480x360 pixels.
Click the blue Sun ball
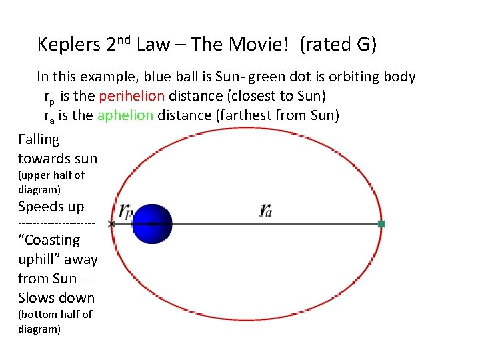pyautogui.click(x=152, y=223)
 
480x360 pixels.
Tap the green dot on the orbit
pyautogui.click(x=382, y=224)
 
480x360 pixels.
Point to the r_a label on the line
pyautogui.click(x=266, y=211)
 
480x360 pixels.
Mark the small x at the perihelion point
pyautogui.click(x=111, y=224)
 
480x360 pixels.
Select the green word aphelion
pyautogui.click(x=125, y=115)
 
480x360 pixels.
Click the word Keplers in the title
pyautogui.click(x=69, y=45)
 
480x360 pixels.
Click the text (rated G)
pyautogui.click(x=338, y=45)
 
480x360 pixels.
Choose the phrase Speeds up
pyautogui.click(x=51, y=207)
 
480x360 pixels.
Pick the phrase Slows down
pyautogui.click(x=57, y=297)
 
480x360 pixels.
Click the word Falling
pyautogui.click(x=39, y=139)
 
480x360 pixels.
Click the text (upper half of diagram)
pyautogui.click(x=51, y=182)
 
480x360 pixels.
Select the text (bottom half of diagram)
pyautogui.click(x=55, y=321)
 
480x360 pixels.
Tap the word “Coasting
pyautogui.click(x=49, y=240)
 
